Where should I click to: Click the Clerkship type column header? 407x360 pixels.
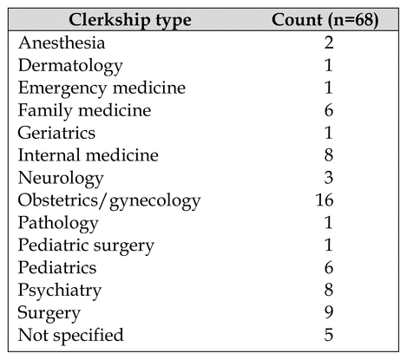[x=130, y=20]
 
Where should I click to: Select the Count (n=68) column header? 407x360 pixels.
[x=325, y=20]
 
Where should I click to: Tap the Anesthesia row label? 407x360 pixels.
[x=62, y=43]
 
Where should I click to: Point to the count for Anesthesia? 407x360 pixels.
[x=329, y=43]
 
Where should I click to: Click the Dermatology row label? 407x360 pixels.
[x=70, y=66]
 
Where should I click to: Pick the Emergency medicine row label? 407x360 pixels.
[x=102, y=88]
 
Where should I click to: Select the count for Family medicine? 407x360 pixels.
[x=329, y=110]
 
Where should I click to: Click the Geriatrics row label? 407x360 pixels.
[x=56, y=133]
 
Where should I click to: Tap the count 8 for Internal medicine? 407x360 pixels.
[x=329, y=155]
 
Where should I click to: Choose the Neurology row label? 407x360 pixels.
[x=61, y=178]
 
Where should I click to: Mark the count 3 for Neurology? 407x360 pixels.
[x=329, y=178]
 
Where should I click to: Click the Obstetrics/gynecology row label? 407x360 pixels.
[x=109, y=200]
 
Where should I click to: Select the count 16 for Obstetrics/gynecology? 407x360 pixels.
[x=325, y=200]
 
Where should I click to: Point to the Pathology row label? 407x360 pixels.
[x=58, y=223]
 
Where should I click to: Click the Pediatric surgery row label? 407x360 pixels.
[x=86, y=245]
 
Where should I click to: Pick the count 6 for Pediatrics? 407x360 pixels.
[x=329, y=267]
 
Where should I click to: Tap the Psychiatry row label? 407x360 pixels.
[x=60, y=291]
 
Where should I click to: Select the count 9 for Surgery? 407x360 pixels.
[x=329, y=312]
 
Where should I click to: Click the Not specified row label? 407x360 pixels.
[x=70, y=336]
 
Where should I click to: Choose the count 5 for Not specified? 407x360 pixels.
[x=329, y=335]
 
